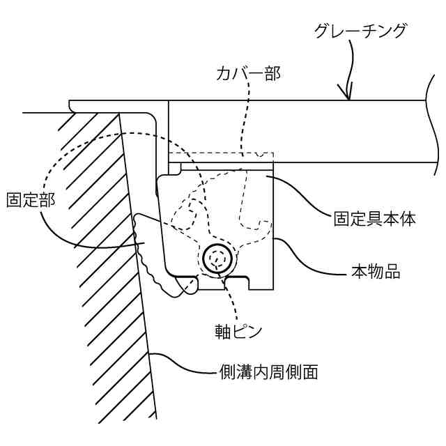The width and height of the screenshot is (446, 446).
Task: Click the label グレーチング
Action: tap(360, 31)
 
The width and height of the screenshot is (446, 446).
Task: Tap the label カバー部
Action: tap(249, 72)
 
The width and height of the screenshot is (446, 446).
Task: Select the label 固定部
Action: tap(30, 199)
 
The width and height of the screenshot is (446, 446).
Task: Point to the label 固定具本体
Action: tap(374, 218)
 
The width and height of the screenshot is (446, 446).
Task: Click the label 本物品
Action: tap(374, 272)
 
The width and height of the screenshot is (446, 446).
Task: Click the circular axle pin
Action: tap(217, 259)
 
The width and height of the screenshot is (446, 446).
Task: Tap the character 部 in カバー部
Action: tap(272, 72)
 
